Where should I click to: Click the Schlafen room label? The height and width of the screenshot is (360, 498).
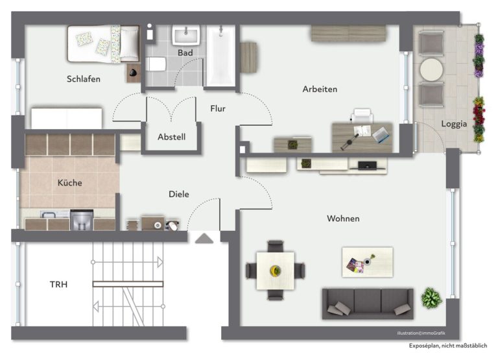[x=84, y=78]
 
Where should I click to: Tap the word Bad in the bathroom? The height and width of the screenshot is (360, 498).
[x=185, y=53]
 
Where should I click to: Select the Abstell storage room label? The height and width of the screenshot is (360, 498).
[x=171, y=137]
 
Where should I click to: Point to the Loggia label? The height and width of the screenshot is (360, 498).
[x=454, y=124]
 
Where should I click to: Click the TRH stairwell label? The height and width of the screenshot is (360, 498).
[x=59, y=284]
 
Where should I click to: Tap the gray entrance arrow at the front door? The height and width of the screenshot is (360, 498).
[x=204, y=238]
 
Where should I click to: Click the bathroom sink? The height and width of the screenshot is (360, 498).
[x=186, y=35]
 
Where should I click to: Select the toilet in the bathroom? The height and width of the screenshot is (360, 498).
[x=156, y=64]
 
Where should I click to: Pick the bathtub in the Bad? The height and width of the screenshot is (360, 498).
[x=221, y=56]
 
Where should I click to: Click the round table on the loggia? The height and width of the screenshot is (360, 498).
[x=431, y=69]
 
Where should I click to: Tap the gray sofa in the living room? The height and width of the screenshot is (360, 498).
[x=368, y=304]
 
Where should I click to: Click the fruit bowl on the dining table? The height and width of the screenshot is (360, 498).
[x=276, y=270]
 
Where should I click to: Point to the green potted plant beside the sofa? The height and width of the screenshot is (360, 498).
[x=431, y=298]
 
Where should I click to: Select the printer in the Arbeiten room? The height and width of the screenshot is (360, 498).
[x=362, y=115]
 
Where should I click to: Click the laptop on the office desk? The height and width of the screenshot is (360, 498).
[x=381, y=135]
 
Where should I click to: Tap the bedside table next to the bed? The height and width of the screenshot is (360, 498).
[x=134, y=73]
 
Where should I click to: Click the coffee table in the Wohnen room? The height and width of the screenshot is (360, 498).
[x=368, y=262]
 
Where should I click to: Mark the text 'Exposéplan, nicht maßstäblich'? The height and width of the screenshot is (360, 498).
[x=448, y=346]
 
